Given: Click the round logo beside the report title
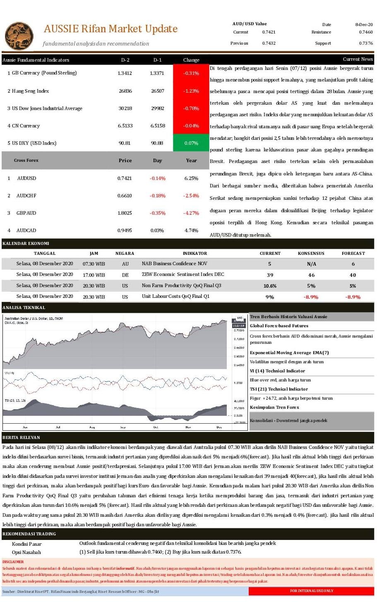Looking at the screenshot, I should point(19,35).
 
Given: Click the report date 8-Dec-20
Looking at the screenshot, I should point(364,24).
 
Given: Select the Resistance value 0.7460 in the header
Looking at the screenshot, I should point(365,32).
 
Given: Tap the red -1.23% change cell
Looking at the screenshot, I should point(191,91).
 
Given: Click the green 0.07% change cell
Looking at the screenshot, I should point(191,143).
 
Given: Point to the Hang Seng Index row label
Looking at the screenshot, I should point(30,91).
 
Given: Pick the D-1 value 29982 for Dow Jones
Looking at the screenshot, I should point(157,108).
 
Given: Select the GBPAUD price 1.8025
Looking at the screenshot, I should point(125,213).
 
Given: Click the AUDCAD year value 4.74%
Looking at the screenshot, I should point(191,230).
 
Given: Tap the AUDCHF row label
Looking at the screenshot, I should point(26,196).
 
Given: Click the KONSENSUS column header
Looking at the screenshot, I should point(311,253).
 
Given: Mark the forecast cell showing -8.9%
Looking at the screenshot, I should point(353,297).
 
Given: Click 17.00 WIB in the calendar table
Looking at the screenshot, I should point(94,275).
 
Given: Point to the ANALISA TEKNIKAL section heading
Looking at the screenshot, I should point(24,308).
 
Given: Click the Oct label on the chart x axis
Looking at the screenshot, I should point(156,427).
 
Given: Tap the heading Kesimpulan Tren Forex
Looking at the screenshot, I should point(274,408).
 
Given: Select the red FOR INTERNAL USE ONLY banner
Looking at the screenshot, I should point(311,591).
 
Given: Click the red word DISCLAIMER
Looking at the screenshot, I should point(13,562).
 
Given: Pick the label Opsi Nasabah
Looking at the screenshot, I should point(26,552).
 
